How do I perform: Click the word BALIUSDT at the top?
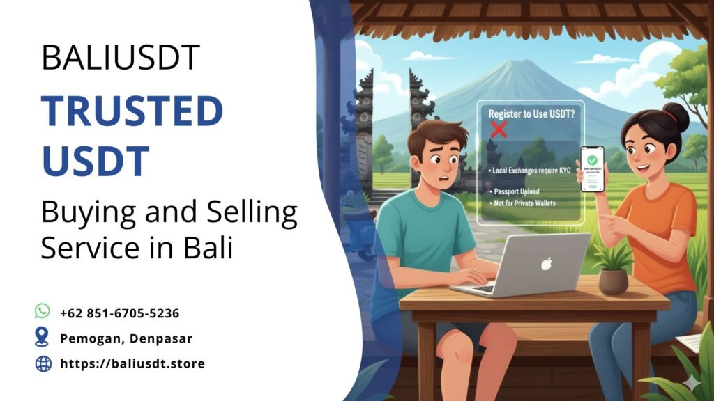coord(121,58)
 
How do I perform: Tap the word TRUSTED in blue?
coord(132,111)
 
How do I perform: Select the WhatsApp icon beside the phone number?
coord(43,311)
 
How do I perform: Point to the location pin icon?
coord(43,338)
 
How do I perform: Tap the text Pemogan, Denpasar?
coord(126,338)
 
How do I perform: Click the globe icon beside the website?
coord(43,363)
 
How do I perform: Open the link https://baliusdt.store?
coord(132,363)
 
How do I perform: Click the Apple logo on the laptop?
coord(547,264)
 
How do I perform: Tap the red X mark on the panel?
coord(498,129)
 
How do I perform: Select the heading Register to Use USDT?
coord(531,113)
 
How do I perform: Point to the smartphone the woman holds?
coord(592,168)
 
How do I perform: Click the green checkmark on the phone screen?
coord(592,159)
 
